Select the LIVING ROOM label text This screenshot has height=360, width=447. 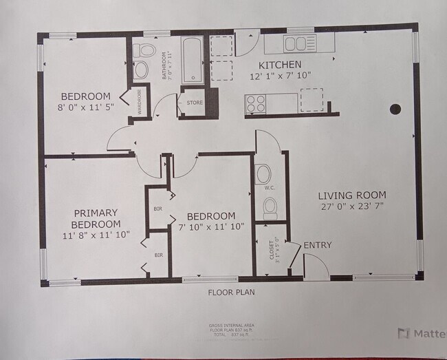tap(353, 195)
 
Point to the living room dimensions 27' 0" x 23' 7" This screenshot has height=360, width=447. tap(353, 206)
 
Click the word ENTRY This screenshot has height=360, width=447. tap(318, 245)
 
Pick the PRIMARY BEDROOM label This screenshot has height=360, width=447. tap(96, 218)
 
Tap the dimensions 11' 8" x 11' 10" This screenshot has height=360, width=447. tap(96, 235)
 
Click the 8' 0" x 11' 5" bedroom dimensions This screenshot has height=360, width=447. tap(85, 107)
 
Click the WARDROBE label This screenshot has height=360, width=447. tap(139, 102)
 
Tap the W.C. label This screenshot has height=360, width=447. tap(270, 187)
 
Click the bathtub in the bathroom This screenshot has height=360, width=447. tap(192, 59)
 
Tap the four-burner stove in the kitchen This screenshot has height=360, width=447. tap(256, 104)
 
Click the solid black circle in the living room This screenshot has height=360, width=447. tap(395, 109)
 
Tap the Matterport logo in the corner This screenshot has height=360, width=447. tap(421, 334)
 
